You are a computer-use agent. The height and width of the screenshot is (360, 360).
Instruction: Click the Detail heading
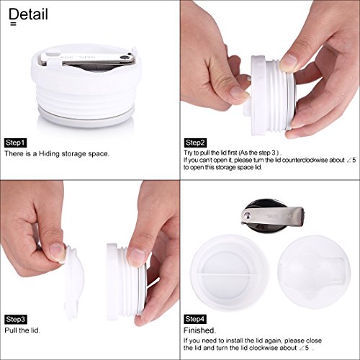(28, 14)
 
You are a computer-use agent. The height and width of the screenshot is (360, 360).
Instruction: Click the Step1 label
(15, 143)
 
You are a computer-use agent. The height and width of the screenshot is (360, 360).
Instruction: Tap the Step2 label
(195, 143)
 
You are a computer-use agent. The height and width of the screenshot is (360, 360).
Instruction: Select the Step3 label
(16, 320)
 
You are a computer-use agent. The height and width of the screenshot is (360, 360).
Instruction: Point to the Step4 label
(195, 319)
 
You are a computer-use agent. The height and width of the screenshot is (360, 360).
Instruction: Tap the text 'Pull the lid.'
(22, 330)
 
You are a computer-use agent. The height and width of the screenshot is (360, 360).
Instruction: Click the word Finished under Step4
(199, 330)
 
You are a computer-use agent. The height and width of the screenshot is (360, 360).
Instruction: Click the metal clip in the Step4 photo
(273, 216)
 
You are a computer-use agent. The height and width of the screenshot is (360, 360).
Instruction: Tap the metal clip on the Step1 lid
(87, 59)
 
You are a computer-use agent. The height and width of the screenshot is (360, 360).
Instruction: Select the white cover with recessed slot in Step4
(314, 272)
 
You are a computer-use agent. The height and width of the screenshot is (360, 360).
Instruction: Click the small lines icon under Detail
(14, 24)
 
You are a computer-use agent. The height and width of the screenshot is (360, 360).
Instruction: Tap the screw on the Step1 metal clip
(124, 58)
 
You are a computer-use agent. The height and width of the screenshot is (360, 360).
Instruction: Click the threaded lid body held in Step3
(125, 282)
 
